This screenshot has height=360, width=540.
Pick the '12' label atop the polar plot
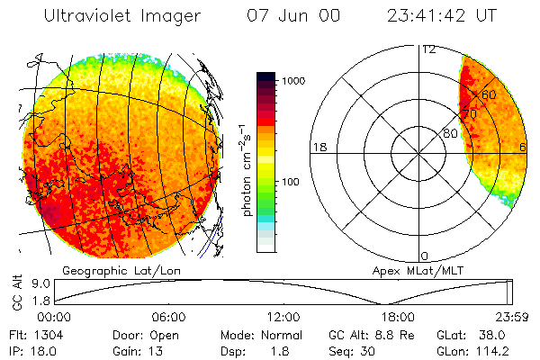pos(428,49)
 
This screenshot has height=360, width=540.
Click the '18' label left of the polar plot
pos(318,147)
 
